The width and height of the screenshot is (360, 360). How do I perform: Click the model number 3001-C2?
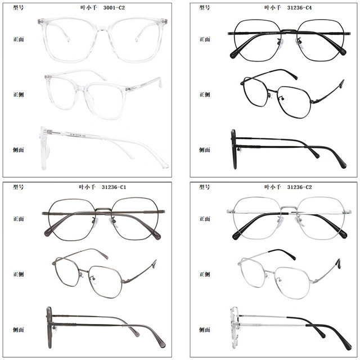(x=114, y=8)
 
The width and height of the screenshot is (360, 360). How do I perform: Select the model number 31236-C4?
(x=299, y=8)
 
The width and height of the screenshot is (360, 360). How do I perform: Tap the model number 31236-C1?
(x=114, y=187)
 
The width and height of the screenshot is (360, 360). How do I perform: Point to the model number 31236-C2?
(x=299, y=187)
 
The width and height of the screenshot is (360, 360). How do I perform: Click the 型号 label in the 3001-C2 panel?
(x=19, y=7)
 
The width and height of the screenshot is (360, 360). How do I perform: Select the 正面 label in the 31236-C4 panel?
(x=205, y=39)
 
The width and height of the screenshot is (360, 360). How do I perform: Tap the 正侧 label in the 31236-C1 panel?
(x=19, y=274)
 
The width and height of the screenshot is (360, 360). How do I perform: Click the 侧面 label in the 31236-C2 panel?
(x=205, y=330)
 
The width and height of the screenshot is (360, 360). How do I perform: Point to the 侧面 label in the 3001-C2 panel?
(x=19, y=150)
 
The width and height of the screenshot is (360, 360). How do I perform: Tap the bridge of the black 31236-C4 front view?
(x=289, y=30)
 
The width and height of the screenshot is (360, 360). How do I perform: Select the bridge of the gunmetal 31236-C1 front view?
(x=103, y=210)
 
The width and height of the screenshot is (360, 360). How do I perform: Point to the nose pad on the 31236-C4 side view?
(x=239, y=150)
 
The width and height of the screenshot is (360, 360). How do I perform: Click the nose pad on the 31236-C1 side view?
(x=54, y=328)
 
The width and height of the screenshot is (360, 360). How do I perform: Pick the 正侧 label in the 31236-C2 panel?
(x=205, y=274)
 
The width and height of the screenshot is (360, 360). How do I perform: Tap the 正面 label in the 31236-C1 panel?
(x=19, y=219)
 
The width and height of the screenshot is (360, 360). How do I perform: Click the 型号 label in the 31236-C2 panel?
(x=205, y=187)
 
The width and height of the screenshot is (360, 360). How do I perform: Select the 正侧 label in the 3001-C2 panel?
(x=19, y=94)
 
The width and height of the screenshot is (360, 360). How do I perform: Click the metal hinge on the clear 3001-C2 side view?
(x=50, y=132)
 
